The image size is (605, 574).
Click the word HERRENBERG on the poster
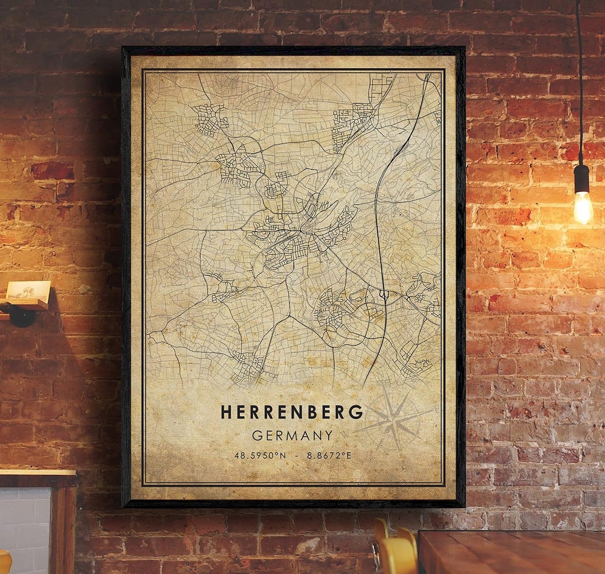292,412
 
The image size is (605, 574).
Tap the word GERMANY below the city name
292,435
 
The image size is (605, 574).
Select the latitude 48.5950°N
260,456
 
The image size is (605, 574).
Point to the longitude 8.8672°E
329,456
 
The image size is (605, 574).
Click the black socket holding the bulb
582,178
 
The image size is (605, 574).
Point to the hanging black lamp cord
579,84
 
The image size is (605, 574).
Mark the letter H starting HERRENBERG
226,412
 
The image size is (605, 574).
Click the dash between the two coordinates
296,456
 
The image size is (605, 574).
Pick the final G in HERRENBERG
356,412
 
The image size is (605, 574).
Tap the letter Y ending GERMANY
328,435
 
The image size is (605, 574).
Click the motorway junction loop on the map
384,293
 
